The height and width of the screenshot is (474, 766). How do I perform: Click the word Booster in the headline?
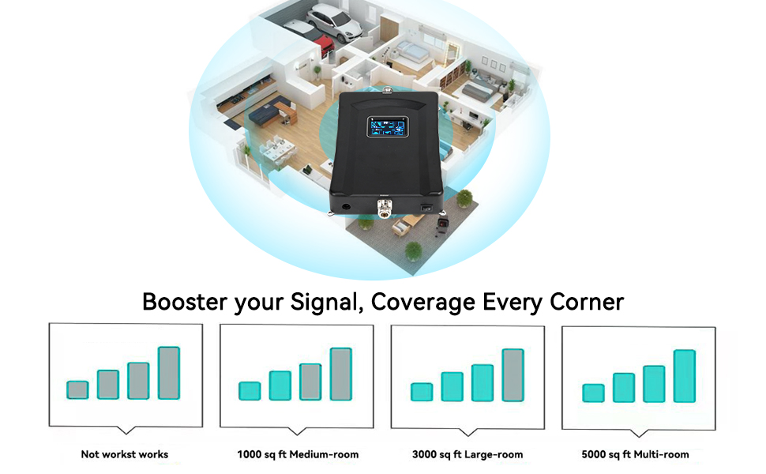pyautogui.click(x=185, y=302)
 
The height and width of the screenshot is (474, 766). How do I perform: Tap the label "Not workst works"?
pyautogui.click(x=125, y=454)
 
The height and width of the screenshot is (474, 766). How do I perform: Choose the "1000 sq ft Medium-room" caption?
pyautogui.click(x=298, y=454)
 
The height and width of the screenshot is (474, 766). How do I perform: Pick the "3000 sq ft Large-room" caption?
pyautogui.click(x=467, y=454)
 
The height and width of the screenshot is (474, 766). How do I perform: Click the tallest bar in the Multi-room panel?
pyautogui.click(x=684, y=375)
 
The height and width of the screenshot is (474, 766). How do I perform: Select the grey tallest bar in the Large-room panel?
pyautogui.click(x=513, y=374)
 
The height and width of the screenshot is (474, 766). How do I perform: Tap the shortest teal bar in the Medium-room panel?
pyautogui.click(x=250, y=390)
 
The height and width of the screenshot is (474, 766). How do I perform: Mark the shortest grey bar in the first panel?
pyautogui.click(x=77, y=389)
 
